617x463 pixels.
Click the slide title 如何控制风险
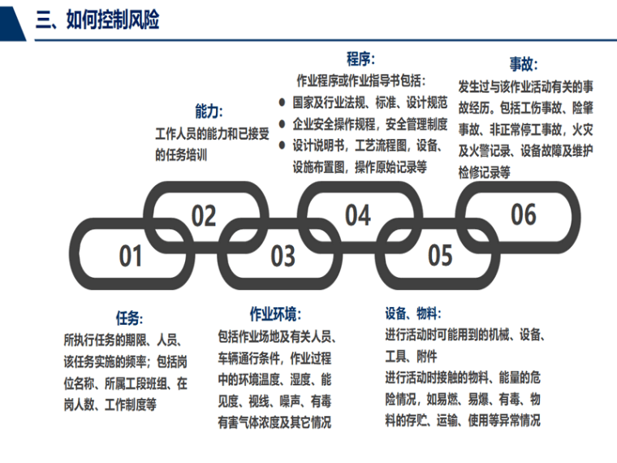click(97, 20)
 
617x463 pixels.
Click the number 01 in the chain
click(131, 256)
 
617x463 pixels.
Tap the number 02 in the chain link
click(204, 216)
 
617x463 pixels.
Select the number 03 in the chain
click(283, 256)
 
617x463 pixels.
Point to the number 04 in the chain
click(357, 215)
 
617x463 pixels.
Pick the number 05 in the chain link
click(439, 256)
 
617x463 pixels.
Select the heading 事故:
click(524, 64)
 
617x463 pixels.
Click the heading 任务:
click(130, 318)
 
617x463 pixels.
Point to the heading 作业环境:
click(274, 314)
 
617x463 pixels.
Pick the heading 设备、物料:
click(413, 314)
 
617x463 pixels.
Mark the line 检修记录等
click(485, 171)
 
